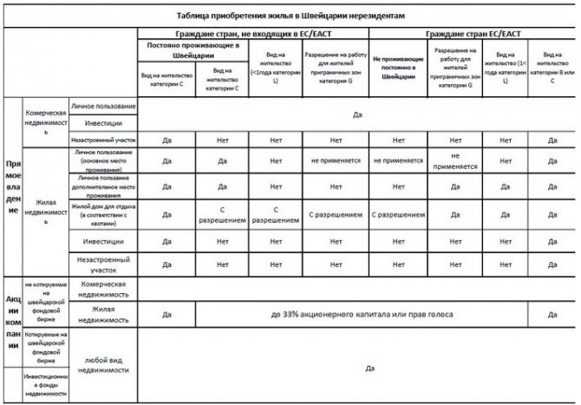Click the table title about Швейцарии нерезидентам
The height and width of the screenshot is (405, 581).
coord(290,16)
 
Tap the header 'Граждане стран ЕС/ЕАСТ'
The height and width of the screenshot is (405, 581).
coord(473,34)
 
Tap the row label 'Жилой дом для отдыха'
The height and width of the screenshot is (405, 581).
coord(103,213)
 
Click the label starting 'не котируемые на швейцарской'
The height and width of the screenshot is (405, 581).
coord(46,303)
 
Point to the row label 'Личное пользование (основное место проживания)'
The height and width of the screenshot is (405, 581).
coord(103,160)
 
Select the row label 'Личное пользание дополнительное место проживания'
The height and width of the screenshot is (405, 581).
coord(103,186)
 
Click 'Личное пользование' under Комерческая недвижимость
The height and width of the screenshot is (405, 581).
coord(103,106)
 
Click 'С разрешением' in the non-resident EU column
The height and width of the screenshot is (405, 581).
coord(399,213)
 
